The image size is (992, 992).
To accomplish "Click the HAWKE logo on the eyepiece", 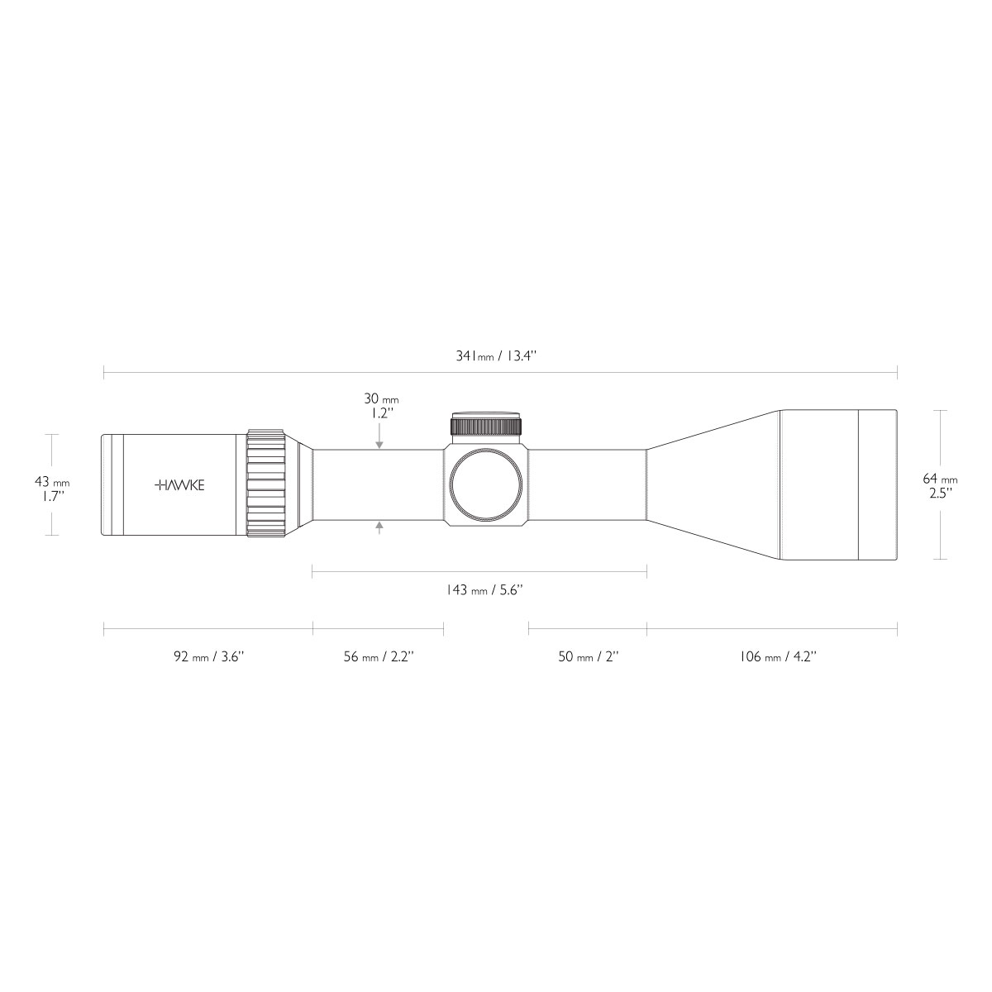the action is click(179, 485).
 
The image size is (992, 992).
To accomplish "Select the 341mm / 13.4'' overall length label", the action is click(496, 355).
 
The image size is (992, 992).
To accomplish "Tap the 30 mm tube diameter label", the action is click(381, 398).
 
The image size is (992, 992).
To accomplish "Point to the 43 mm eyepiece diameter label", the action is click(52, 482).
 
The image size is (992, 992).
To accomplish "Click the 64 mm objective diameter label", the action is click(940, 479).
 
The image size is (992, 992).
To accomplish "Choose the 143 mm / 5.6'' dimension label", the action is click(484, 589).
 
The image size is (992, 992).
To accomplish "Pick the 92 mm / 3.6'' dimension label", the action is click(208, 656).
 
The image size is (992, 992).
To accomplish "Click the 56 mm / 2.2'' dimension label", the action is click(379, 656).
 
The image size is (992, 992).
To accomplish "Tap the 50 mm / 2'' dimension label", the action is click(589, 656).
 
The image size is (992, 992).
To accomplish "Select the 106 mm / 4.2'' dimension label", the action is click(778, 656).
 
